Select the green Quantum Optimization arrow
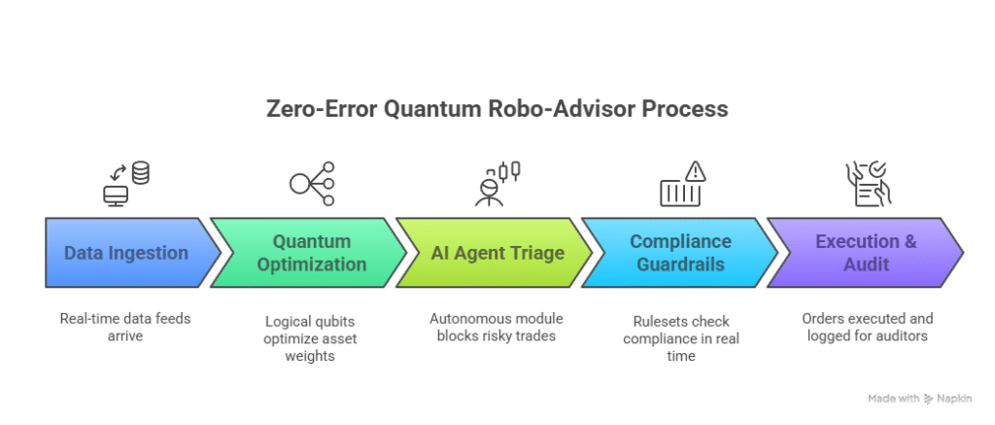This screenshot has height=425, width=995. tap(308, 253)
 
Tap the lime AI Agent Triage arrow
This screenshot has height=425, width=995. tap(495, 253)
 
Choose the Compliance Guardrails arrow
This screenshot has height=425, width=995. tap(679, 253)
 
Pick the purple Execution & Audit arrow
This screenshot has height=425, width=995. tap(866, 253)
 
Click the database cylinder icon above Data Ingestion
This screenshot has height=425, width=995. tap(140, 173)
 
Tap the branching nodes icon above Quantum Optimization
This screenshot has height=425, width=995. tap(312, 184)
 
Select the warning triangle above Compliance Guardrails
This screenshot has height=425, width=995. tap(696, 171)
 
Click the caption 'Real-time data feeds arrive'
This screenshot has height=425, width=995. tap(125, 327)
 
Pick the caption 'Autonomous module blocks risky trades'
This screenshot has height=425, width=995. tap(497, 327)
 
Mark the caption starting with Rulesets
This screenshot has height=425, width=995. tap(681, 338)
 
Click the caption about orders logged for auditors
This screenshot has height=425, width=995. tap(868, 327)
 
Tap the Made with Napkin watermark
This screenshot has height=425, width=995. tap(919, 399)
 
